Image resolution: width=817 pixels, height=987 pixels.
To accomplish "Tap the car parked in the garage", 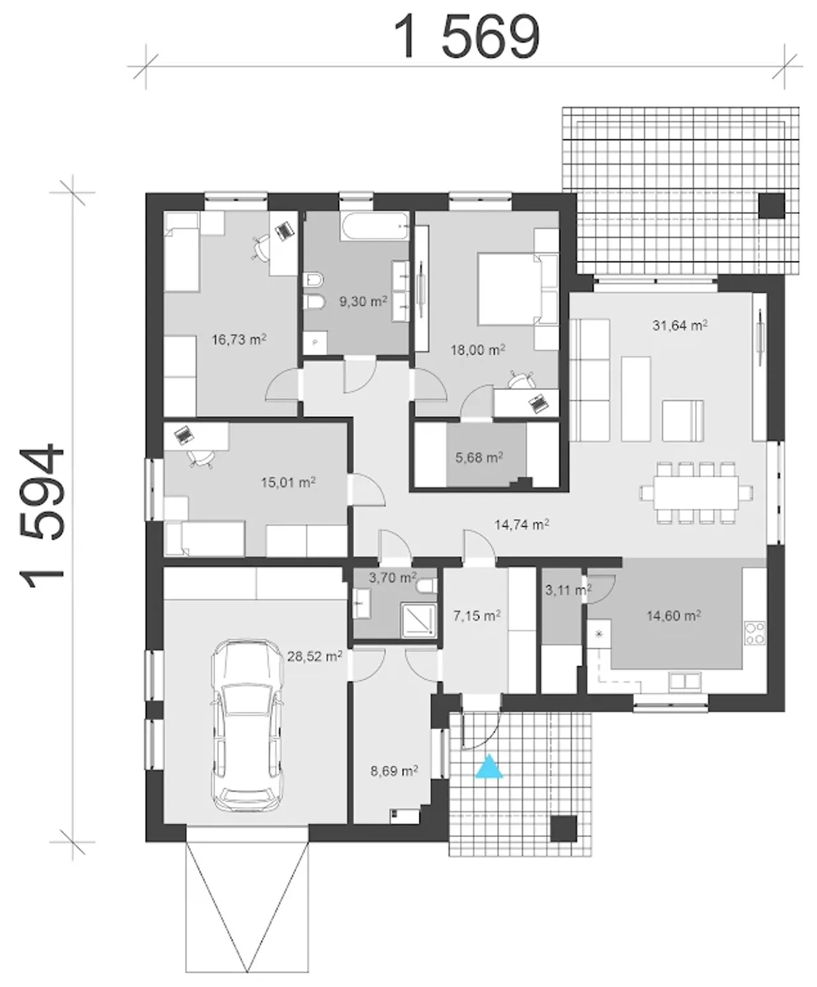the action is [x=248, y=726].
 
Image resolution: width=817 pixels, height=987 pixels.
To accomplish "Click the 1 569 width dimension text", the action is [x=467, y=36].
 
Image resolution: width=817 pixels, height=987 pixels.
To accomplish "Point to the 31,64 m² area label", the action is [x=680, y=325].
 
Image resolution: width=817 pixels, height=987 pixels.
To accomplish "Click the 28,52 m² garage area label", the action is [x=315, y=656].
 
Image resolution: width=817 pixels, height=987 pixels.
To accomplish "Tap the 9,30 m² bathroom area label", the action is [x=363, y=301].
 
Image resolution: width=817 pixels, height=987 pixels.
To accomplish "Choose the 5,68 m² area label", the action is [x=479, y=457].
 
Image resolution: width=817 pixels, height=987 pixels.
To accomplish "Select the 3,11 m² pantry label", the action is [x=569, y=590].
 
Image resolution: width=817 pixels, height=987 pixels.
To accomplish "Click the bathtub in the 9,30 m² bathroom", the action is [x=374, y=227].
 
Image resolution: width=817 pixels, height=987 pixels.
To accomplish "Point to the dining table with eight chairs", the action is [x=696, y=493].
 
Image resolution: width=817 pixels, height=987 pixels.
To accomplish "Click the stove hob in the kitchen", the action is [x=754, y=633].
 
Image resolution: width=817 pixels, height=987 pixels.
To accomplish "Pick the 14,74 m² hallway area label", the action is [x=521, y=524].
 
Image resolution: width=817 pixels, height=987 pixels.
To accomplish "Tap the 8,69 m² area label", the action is [x=394, y=771].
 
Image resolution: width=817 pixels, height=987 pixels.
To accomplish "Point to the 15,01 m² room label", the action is [x=289, y=483].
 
